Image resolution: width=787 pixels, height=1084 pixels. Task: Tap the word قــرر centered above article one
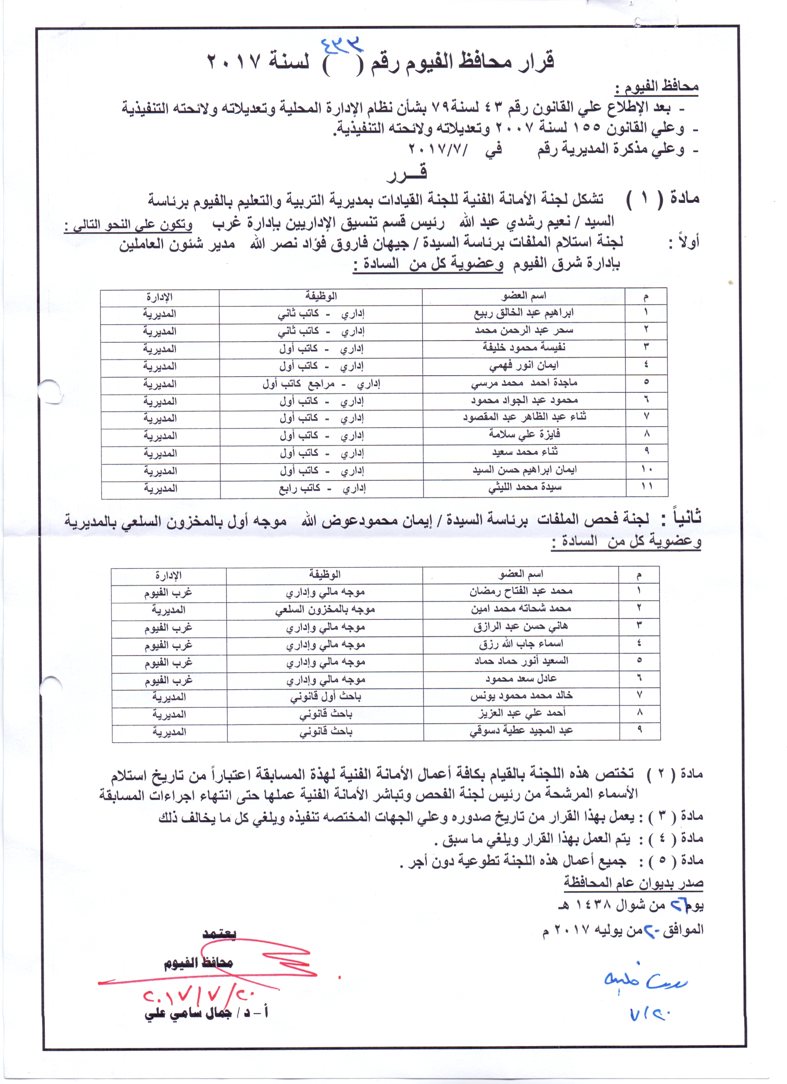[x=406, y=174]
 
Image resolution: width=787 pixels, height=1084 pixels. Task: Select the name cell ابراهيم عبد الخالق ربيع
[x=524, y=313]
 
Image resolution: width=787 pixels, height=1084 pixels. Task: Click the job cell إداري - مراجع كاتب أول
[x=321, y=384]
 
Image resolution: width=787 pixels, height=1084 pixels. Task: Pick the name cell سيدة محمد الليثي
[x=525, y=487]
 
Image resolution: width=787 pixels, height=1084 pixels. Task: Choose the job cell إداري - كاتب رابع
[x=322, y=488]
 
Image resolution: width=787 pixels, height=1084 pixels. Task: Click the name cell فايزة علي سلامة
[x=525, y=435]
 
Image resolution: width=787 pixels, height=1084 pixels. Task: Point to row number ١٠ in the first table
[x=647, y=469]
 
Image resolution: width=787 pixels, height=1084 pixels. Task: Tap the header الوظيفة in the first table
[x=321, y=296]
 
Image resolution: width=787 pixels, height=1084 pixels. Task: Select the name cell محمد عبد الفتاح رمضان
[x=520, y=591]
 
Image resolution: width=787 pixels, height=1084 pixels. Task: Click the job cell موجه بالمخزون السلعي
[x=325, y=609]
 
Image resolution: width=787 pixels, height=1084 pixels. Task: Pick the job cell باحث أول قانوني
[x=325, y=697]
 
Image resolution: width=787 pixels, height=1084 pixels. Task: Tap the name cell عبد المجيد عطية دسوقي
[x=520, y=731]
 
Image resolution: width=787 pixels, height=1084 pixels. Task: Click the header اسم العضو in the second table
[x=520, y=574]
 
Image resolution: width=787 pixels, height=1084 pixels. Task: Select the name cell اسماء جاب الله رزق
[x=520, y=644]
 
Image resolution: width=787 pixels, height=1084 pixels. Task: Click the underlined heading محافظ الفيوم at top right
[x=656, y=87]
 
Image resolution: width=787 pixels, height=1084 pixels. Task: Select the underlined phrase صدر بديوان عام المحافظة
[x=633, y=882]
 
